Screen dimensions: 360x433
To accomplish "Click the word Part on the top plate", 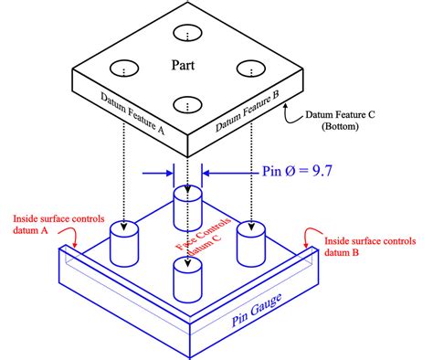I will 185,65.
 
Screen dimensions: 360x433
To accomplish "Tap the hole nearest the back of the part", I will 187,35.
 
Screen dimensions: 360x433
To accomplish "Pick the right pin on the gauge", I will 251,242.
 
